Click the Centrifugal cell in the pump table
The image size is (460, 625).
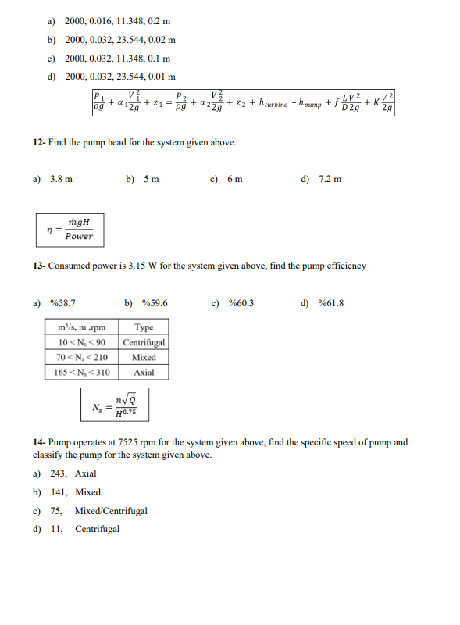(x=144, y=342)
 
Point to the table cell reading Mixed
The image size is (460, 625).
(x=144, y=357)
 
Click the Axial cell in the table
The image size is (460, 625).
(x=144, y=372)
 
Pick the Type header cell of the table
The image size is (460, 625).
(x=144, y=327)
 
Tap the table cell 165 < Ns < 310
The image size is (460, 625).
(x=82, y=372)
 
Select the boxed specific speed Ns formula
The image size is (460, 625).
(x=115, y=406)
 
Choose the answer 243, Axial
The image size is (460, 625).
(x=73, y=473)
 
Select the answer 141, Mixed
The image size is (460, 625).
(x=76, y=492)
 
